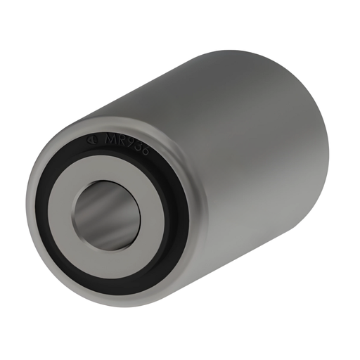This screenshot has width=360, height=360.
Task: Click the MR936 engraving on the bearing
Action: pos(127,143)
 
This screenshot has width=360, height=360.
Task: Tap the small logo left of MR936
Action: pos(92,139)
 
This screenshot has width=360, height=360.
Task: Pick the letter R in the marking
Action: pos(123,141)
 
